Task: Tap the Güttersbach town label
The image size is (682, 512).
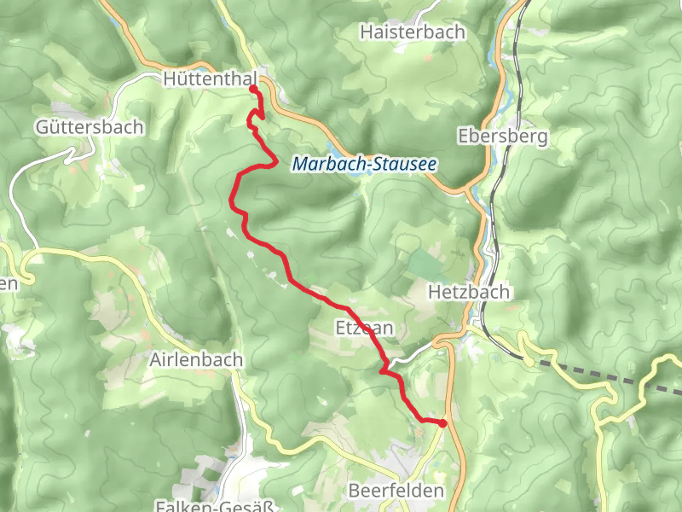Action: (x=90, y=127)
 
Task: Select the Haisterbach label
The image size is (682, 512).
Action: (x=413, y=32)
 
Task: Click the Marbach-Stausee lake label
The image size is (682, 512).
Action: (x=364, y=163)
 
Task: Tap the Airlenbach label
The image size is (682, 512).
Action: (x=195, y=360)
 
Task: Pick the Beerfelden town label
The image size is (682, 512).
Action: (x=396, y=491)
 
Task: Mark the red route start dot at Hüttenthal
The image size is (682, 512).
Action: (x=253, y=89)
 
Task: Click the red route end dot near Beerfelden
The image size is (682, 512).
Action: (x=442, y=423)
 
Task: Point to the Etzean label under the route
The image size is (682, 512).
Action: (x=365, y=329)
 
